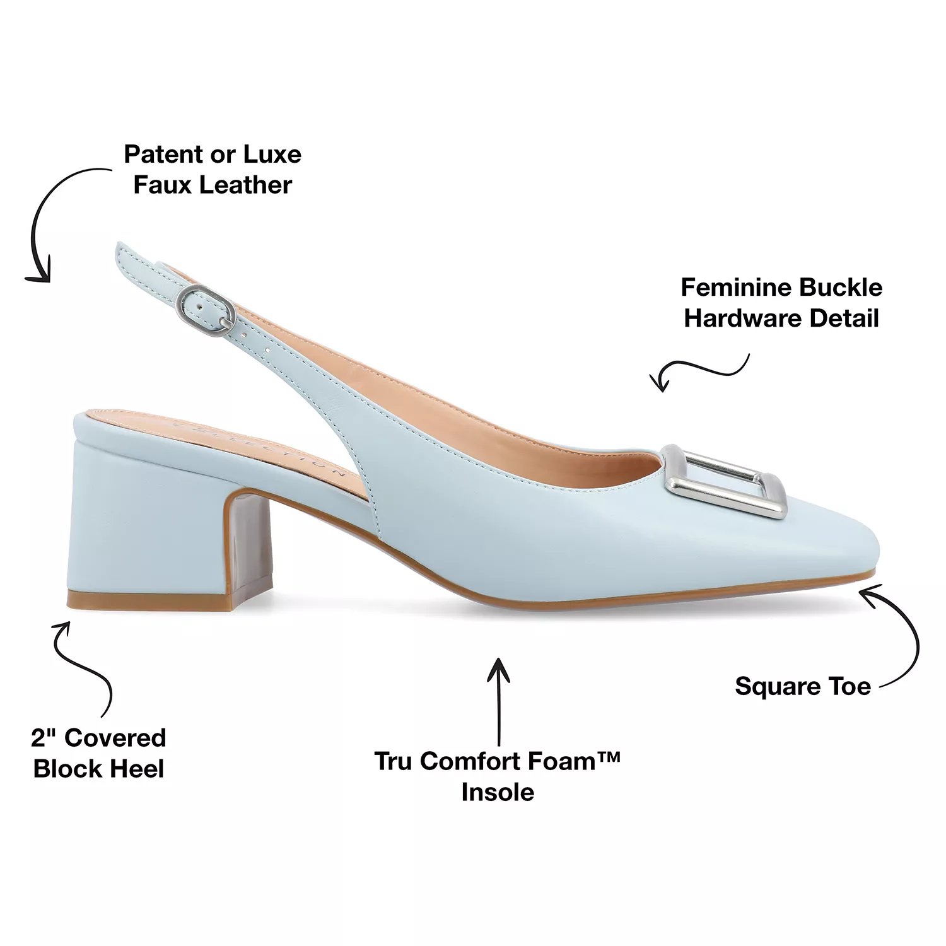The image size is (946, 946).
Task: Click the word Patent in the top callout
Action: click(160, 155)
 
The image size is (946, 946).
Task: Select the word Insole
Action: click(498, 792)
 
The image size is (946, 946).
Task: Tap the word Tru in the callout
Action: click(394, 761)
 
